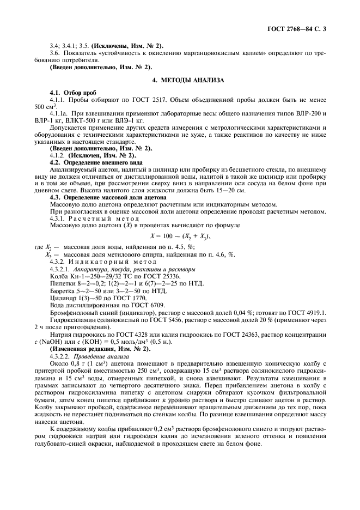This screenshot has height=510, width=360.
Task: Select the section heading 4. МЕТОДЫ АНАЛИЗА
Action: click(188, 80)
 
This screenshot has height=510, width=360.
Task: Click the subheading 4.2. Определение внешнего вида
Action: click(96, 162)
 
